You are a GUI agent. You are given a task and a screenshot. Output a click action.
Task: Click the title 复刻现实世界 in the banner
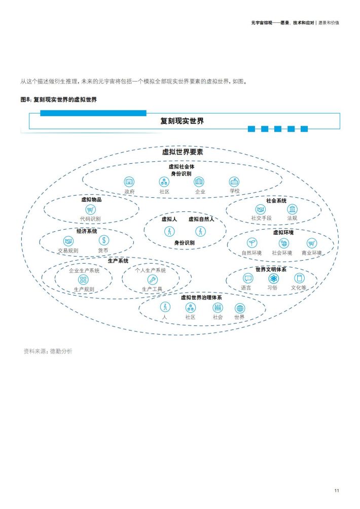(182, 121)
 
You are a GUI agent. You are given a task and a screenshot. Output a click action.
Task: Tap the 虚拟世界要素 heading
(183, 152)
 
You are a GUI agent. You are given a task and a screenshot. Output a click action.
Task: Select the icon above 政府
(129, 182)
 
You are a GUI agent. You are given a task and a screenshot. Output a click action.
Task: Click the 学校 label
(234, 191)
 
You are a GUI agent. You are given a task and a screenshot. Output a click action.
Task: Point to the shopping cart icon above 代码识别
(90, 210)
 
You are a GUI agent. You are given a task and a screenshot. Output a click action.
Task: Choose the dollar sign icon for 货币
(104, 240)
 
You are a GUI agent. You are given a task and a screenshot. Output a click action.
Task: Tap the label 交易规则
(68, 250)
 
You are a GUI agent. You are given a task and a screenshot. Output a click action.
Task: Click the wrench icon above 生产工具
(152, 279)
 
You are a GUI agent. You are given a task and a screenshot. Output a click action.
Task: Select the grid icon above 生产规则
(84, 279)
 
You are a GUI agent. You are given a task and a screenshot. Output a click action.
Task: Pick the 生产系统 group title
(118, 261)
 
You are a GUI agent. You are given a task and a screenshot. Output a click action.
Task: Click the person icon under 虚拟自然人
(201, 231)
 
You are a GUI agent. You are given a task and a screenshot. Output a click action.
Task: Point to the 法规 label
(292, 218)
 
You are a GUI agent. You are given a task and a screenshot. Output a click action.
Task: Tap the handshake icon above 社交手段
(260, 209)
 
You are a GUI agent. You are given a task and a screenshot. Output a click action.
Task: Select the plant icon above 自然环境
(252, 243)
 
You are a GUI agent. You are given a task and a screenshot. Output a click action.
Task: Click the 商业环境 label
(312, 253)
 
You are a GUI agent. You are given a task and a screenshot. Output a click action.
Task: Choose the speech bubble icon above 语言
(248, 278)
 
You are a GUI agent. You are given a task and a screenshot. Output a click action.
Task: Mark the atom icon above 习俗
(274, 278)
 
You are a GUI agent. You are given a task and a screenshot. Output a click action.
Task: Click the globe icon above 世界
(239, 308)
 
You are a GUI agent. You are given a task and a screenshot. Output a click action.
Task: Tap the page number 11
(337, 491)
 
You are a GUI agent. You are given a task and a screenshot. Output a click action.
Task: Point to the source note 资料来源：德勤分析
(48, 351)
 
